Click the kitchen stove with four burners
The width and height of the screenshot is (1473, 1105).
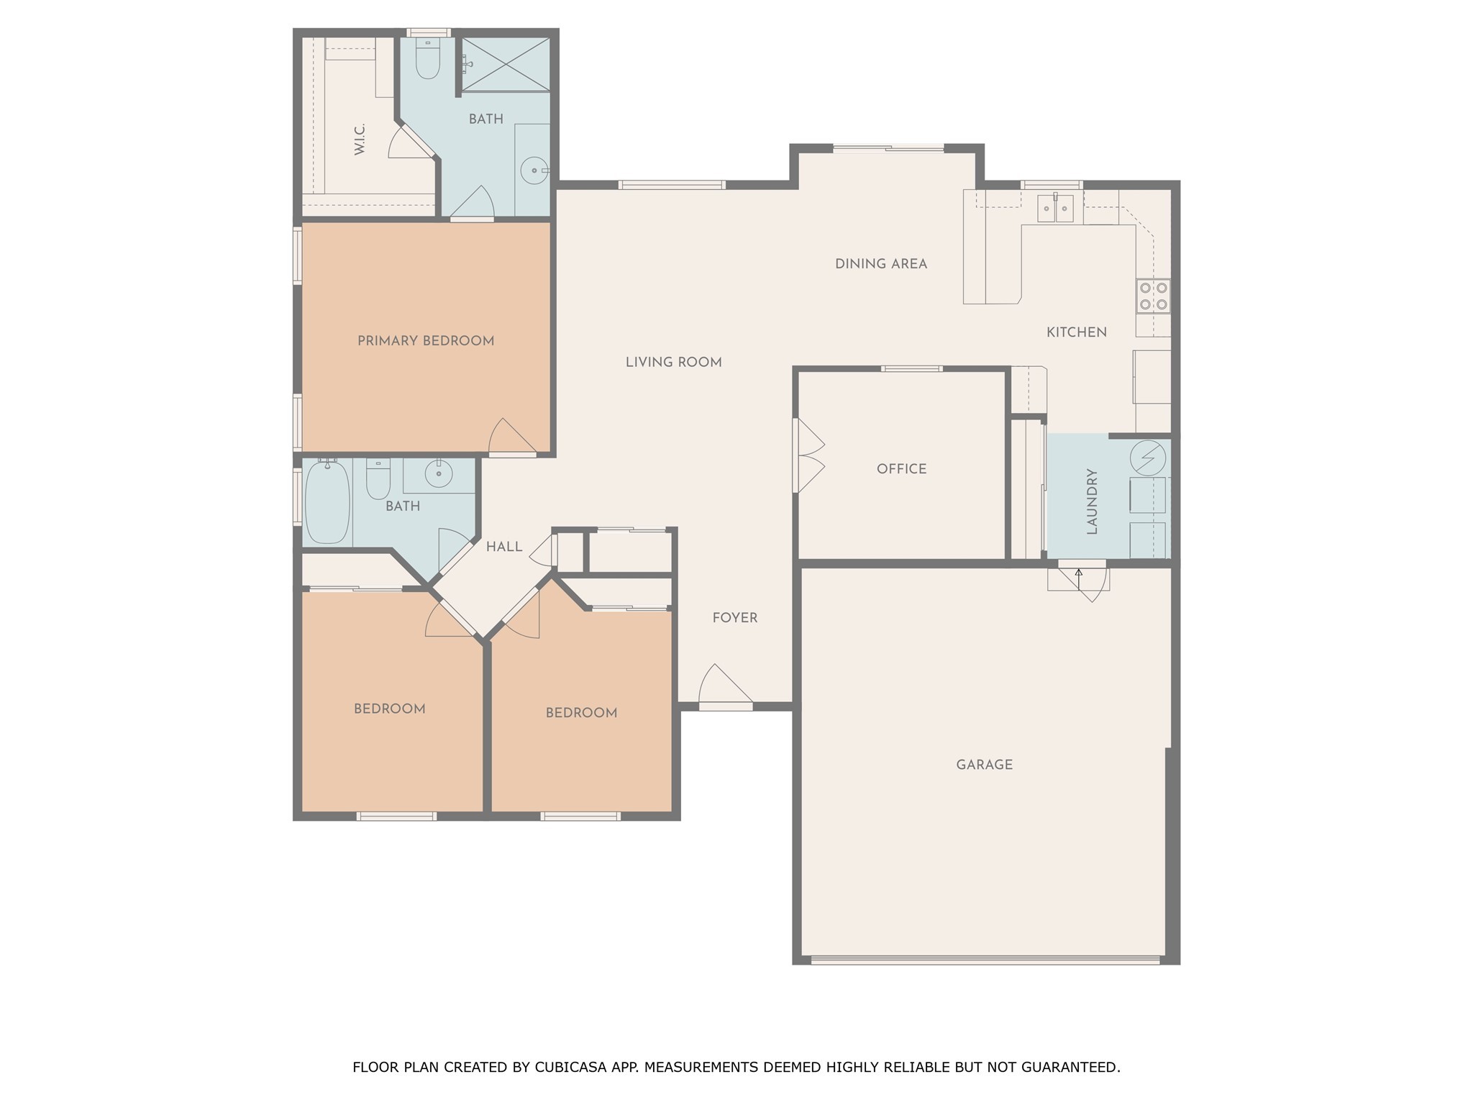[x=1153, y=296]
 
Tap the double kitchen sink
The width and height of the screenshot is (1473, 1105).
[x=1055, y=209]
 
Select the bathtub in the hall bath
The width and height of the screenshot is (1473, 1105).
[x=327, y=501]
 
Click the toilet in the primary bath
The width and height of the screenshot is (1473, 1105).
[x=428, y=59]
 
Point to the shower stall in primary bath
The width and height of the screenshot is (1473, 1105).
[x=505, y=64]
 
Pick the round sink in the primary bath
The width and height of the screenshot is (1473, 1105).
[x=535, y=170]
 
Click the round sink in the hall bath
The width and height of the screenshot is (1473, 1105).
[x=438, y=473]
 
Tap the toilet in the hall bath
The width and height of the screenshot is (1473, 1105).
[x=378, y=478]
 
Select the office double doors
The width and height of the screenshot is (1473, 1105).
[x=808, y=456]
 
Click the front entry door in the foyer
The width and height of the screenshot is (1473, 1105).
[x=725, y=687]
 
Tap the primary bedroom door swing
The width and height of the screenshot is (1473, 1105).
[x=512, y=437]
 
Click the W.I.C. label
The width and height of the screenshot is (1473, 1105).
[x=360, y=139]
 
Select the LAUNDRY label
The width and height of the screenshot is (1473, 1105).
[x=1092, y=501]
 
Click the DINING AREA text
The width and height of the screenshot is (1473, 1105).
[x=881, y=264]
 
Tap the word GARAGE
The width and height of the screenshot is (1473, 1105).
[x=985, y=765]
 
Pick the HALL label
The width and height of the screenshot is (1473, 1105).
[x=504, y=547]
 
